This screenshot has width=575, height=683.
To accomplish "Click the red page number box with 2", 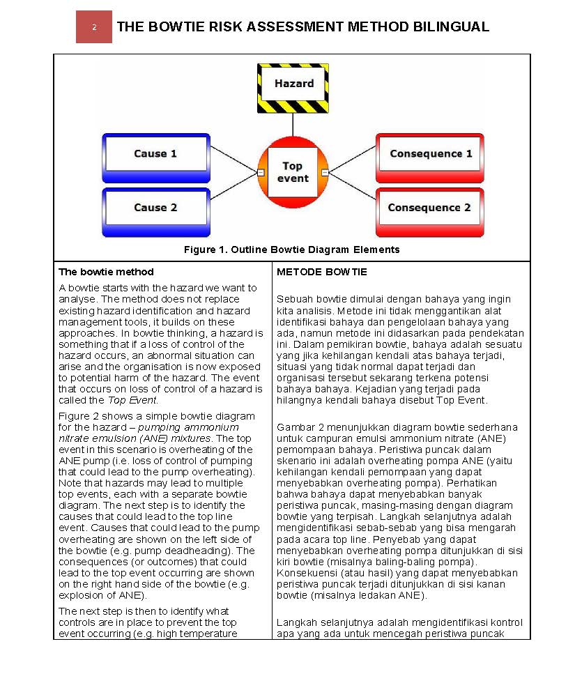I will point(94,27).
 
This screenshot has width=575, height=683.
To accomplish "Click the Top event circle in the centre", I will point(293,172).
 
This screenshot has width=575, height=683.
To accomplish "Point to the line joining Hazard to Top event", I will point(293,125).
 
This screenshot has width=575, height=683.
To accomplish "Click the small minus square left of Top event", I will point(260,172).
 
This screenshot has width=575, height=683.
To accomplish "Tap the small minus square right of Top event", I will point(325,172).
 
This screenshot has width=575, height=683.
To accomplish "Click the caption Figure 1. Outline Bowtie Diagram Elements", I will point(291,250).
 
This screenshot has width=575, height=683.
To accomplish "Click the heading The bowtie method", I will point(106,272).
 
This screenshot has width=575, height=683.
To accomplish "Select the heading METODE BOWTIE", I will point(321,272).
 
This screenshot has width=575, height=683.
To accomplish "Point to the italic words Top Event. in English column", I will point(132,400).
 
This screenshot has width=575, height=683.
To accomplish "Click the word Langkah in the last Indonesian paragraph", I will point(296,622).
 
